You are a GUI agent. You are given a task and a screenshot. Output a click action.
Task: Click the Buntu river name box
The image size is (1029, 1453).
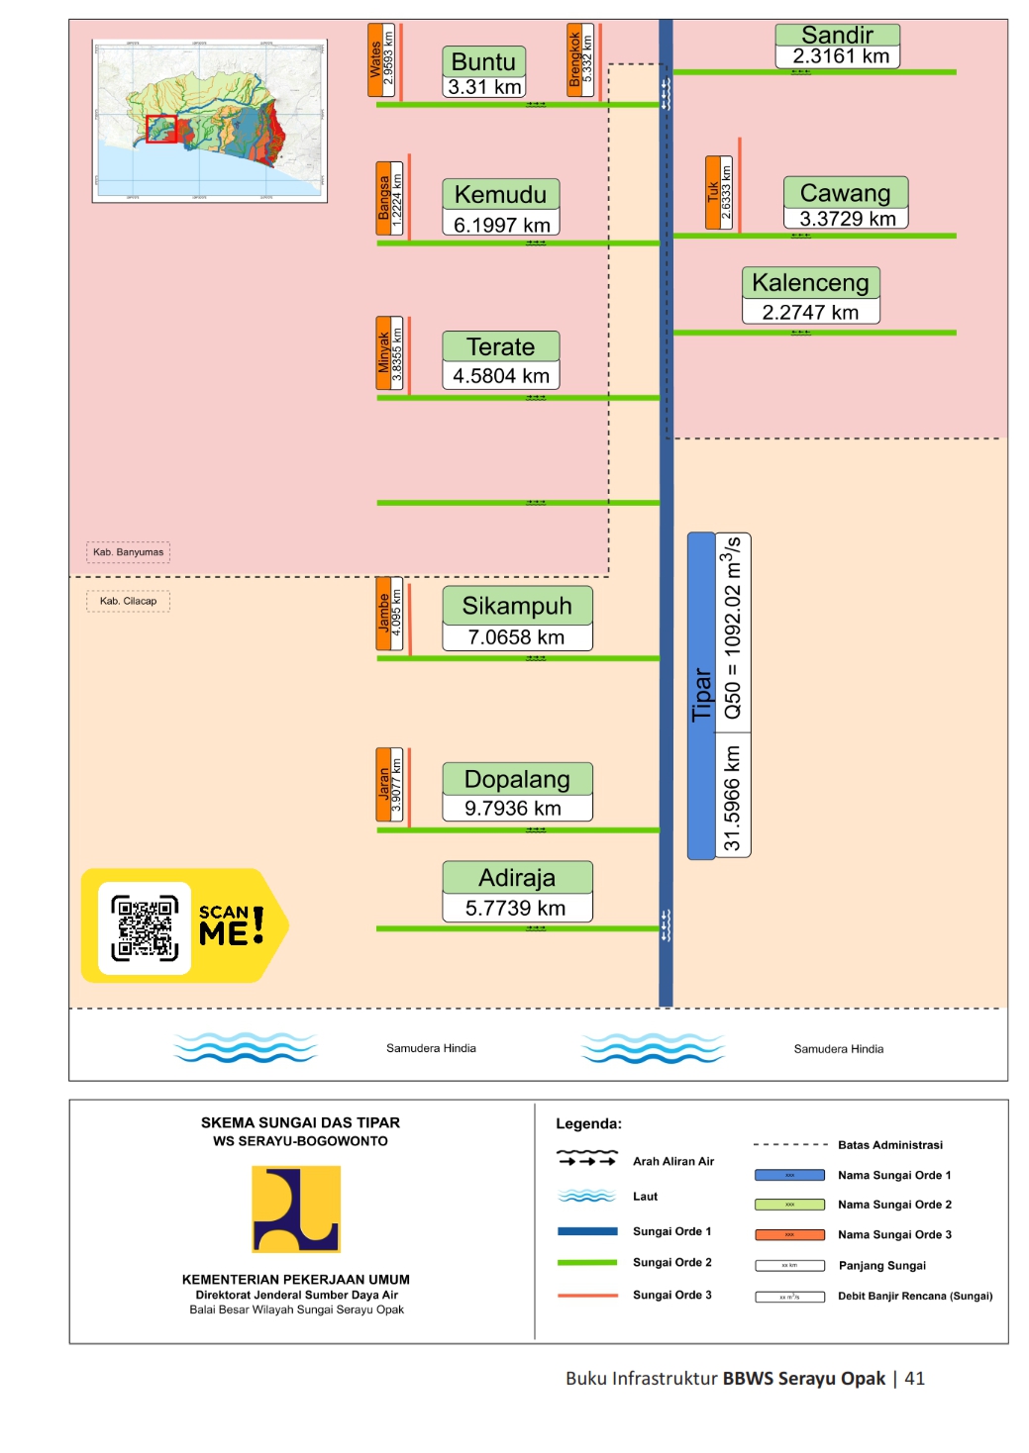click(x=483, y=61)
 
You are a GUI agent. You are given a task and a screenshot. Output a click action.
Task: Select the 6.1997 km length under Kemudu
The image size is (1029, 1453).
click(x=501, y=225)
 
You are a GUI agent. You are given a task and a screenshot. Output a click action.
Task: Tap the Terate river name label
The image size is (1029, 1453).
click(x=500, y=346)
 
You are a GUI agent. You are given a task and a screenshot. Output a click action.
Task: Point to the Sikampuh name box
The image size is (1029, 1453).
click(x=517, y=605)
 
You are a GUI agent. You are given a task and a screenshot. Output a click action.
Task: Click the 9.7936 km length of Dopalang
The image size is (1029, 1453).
click(x=513, y=808)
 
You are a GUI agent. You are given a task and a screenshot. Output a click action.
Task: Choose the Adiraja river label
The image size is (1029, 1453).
click(x=517, y=877)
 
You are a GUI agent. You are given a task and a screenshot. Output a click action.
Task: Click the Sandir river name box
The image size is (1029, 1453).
click(x=837, y=35)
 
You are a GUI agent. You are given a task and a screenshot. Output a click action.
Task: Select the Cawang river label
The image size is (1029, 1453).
click(x=845, y=192)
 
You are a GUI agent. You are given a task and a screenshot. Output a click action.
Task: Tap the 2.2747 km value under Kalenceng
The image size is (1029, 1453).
click(x=810, y=312)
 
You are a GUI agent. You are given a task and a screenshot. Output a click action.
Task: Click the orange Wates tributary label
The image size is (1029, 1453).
click(x=375, y=60)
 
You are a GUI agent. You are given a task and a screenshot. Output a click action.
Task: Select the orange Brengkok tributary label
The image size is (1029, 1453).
click(x=574, y=60)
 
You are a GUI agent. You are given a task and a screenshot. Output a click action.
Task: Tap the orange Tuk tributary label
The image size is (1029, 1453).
click(x=713, y=192)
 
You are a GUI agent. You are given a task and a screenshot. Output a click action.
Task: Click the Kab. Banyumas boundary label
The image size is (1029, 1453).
click(x=129, y=552)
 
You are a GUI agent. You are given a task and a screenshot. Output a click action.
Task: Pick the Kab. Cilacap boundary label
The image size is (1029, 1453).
click(x=129, y=601)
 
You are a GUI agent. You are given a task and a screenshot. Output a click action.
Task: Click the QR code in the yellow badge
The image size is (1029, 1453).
click(x=145, y=927)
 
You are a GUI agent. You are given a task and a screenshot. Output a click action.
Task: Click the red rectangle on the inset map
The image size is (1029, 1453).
click(x=161, y=129)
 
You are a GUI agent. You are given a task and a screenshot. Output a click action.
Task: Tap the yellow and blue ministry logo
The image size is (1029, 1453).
click(x=296, y=1209)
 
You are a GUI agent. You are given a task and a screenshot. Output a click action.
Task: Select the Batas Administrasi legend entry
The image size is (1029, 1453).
click(x=889, y=1145)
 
